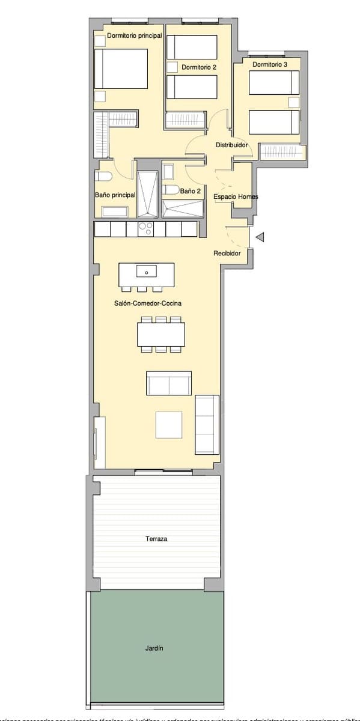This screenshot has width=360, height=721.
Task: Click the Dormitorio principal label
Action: coord(135,36)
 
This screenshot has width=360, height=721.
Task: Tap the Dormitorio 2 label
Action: coord(199,67)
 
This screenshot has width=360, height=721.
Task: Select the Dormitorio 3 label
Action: coord(270,64)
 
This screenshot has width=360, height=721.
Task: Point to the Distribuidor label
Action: coord(232,145)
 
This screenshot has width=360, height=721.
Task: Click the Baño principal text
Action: coord(115,195)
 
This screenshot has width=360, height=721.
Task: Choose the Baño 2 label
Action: coord(191,191)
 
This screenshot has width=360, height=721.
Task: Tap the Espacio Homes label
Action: coord(236,197)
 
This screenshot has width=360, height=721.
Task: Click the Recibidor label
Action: coord(227,254)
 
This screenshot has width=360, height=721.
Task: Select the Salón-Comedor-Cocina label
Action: coord(148,304)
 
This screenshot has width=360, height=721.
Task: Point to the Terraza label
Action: coord(156,539)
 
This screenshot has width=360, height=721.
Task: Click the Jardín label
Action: coord(154,648)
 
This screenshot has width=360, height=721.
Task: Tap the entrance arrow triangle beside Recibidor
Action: coord(260,238)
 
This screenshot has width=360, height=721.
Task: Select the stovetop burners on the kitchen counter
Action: coord(145,229)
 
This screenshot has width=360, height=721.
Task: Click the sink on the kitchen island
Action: coord(146,272)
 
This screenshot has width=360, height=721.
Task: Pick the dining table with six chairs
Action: coord(160,334)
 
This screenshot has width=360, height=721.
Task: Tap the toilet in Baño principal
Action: coord(104,176)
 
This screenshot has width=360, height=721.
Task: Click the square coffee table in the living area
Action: coord(169,424)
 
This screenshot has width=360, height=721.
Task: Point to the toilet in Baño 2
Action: coord(171,190)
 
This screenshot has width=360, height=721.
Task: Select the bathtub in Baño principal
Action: coord(114,211)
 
